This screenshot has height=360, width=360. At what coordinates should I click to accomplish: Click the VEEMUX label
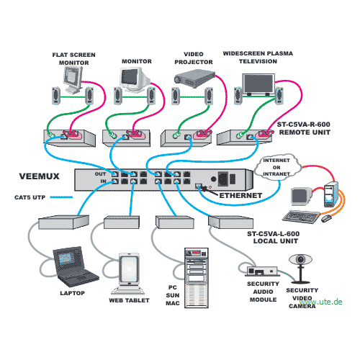pyautogui.click(x=40, y=176)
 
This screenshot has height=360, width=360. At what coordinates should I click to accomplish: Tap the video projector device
pyautogui.click(x=194, y=78)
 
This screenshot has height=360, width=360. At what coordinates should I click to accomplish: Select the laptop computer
pyautogui.click(x=74, y=266)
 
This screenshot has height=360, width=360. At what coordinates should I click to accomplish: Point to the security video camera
pyautogui.click(x=300, y=269)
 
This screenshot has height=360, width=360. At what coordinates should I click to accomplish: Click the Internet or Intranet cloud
pyautogui.click(x=277, y=167)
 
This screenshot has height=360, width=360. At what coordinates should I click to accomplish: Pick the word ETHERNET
pyautogui.click(x=240, y=196)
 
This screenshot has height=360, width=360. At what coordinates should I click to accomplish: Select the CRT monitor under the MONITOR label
pyautogui.click(x=135, y=80)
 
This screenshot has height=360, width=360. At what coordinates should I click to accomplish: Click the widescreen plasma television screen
pyautogui.click(x=258, y=84)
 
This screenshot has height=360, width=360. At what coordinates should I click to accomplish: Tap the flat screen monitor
pyautogui.click(x=73, y=80)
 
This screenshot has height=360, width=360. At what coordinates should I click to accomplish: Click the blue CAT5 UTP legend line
pyautogui.click(x=61, y=197)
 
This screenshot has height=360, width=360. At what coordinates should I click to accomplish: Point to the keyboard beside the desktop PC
pyautogui.click(x=301, y=217)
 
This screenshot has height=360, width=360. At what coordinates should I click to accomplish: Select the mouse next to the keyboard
pyautogui.click(x=326, y=218)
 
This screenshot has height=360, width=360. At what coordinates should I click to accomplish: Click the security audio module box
pyautogui.click(x=263, y=271)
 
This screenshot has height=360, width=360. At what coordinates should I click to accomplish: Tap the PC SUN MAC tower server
pyautogui.click(x=197, y=278)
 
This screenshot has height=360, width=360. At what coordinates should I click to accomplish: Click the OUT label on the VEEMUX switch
pyautogui.click(x=100, y=174)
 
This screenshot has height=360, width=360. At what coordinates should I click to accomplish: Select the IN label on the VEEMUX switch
pyautogui.click(x=103, y=181)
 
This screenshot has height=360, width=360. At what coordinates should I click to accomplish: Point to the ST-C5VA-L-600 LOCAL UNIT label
pyautogui.click(x=274, y=238)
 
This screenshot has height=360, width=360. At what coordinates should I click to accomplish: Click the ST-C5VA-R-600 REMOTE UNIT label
pyautogui.click(x=304, y=128)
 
